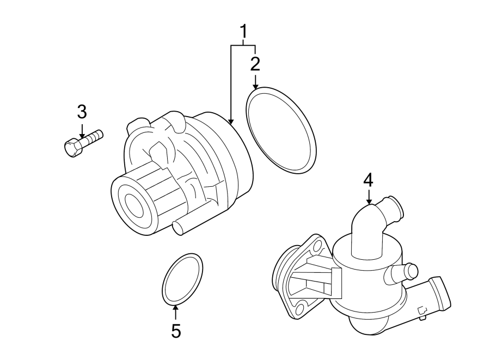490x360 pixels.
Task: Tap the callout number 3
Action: point(82,112)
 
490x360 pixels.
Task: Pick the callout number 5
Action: point(175,331)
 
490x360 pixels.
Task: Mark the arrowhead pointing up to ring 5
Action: point(175,308)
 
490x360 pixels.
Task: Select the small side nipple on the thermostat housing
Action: point(411,270)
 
